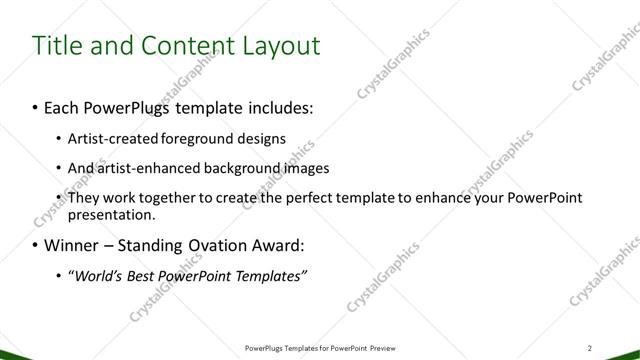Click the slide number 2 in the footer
click(x=591, y=348)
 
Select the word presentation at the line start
click(x=110, y=214)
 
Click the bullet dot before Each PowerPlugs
click(x=36, y=105)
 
